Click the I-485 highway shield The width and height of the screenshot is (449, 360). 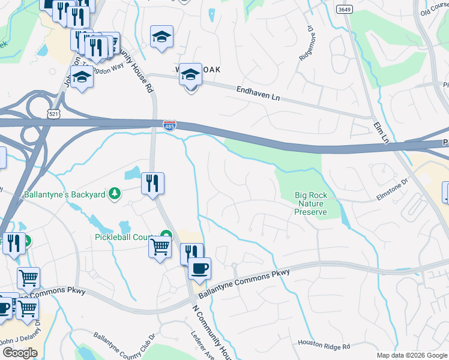[170, 125]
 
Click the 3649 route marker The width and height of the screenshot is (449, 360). [344, 9]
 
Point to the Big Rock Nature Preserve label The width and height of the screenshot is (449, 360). [311, 203]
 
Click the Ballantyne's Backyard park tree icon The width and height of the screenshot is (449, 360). [113, 194]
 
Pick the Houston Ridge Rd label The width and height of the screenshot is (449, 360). [324, 346]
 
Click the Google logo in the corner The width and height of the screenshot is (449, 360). [20, 353]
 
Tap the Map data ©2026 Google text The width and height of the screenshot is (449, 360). [411, 355]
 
